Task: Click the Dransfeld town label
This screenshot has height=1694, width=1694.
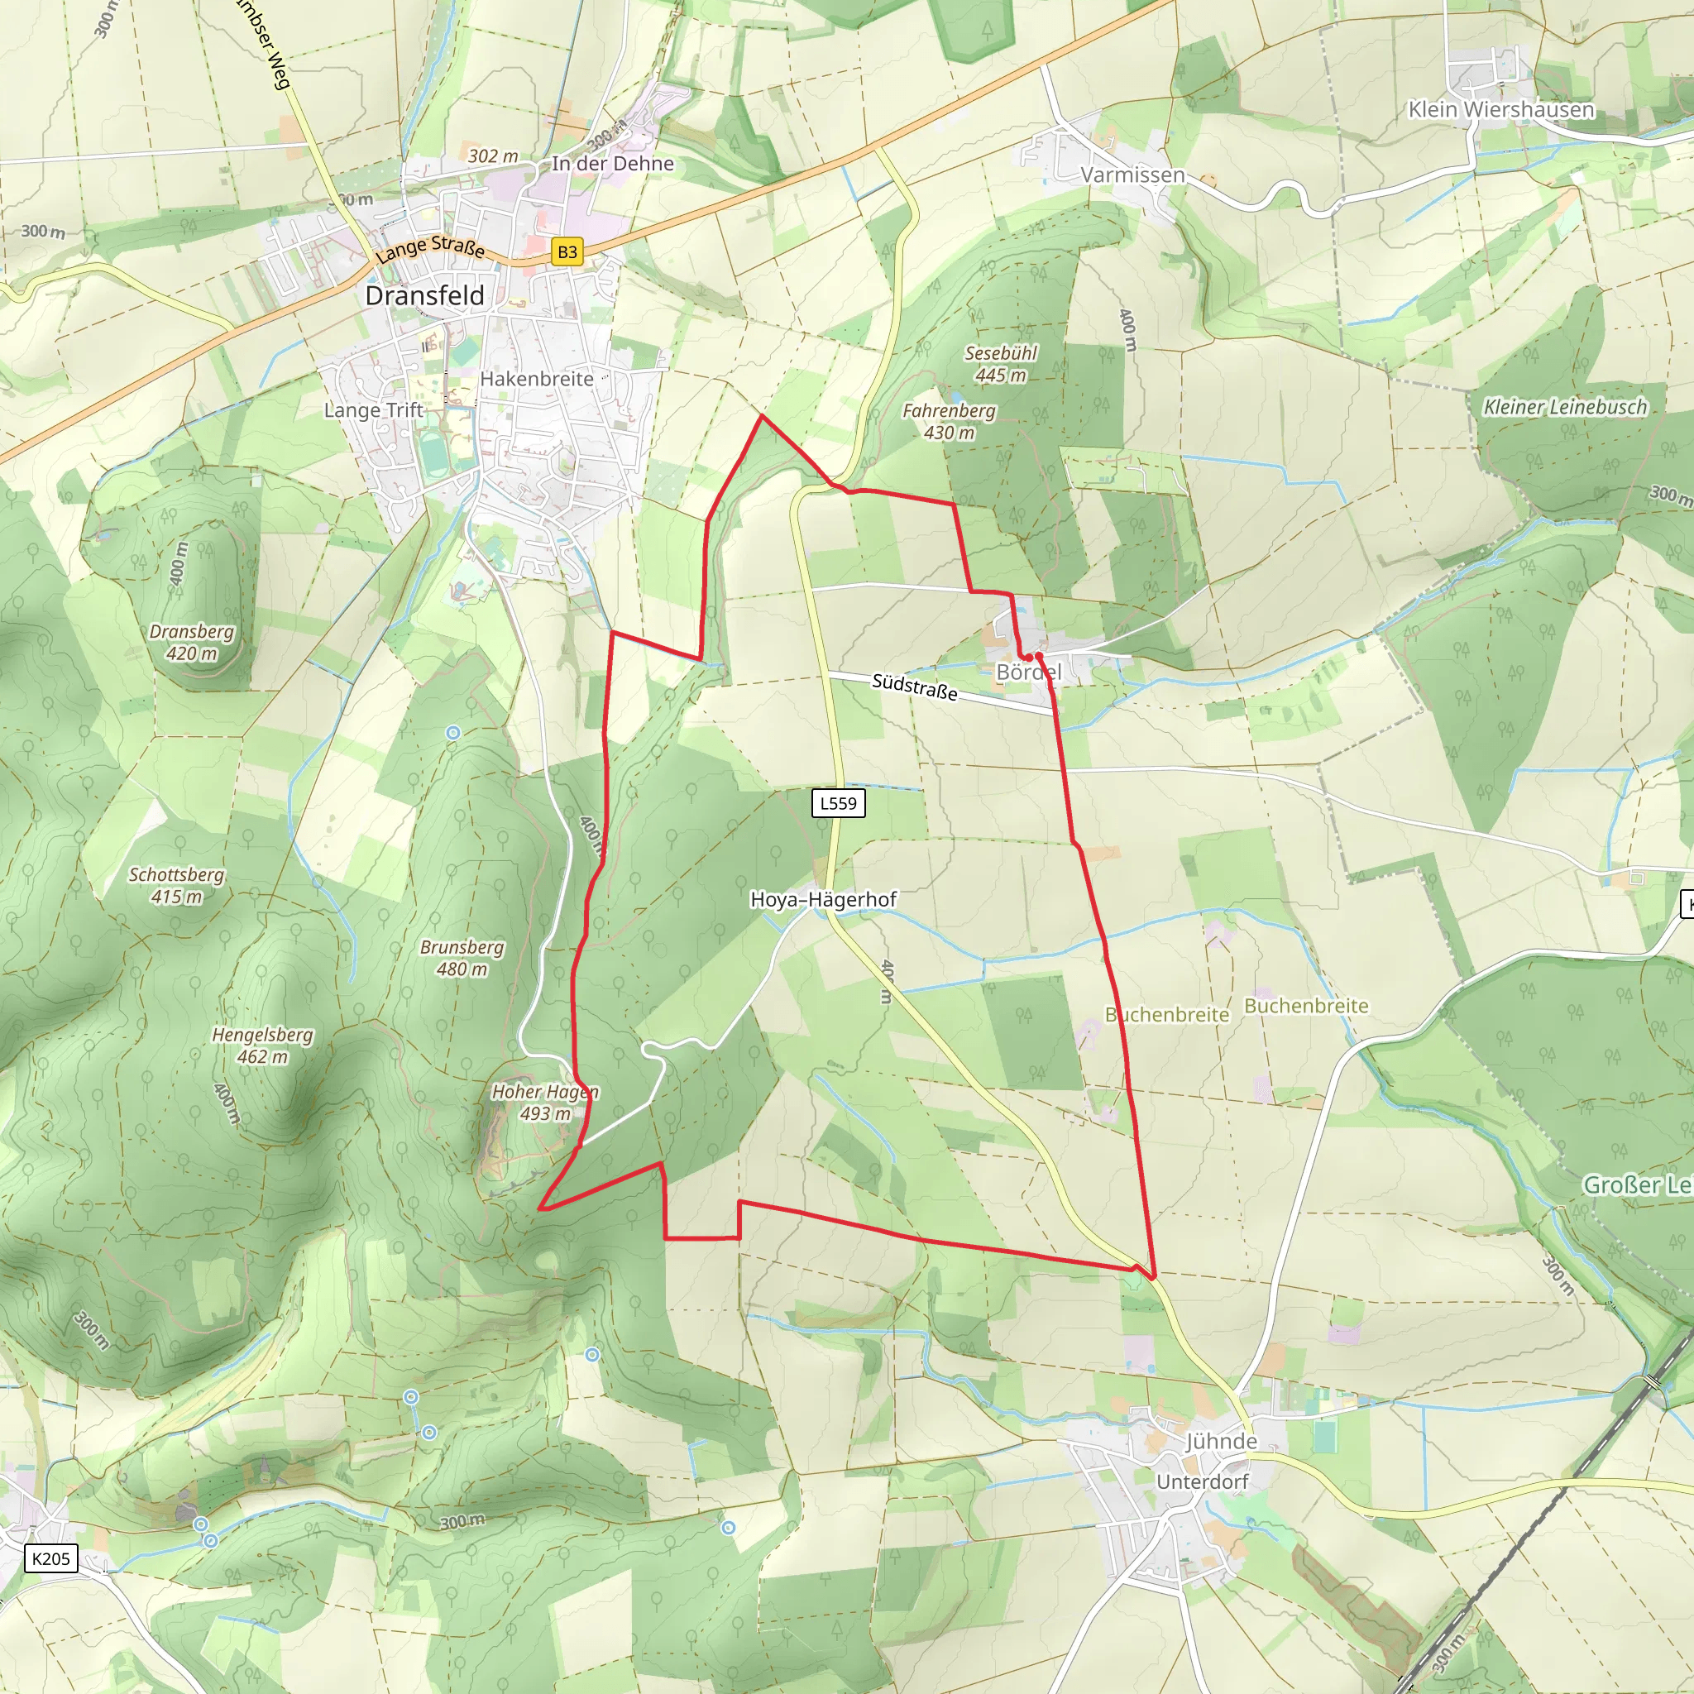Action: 424,295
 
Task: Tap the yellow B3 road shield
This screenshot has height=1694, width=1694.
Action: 567,252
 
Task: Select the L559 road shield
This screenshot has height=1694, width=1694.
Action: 838,803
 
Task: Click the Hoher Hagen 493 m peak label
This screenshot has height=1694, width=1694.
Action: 544,1102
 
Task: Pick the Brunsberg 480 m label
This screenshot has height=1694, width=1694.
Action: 462,958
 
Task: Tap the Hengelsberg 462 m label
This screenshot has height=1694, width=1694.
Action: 262,1046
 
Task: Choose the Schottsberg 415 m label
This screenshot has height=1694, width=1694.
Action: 176,885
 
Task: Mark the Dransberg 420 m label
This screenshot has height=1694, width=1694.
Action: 192,642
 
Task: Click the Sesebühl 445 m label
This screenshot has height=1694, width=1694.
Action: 1001,364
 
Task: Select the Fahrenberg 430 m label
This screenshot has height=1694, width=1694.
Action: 949,421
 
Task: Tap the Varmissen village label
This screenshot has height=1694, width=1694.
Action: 1132,175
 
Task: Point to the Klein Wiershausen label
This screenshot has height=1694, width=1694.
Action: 1501,110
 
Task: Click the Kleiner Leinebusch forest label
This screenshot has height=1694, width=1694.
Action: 1565,407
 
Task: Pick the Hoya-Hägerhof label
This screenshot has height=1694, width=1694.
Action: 823,899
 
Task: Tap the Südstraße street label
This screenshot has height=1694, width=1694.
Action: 915,687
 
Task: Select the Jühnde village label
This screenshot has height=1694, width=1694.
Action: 1222,1441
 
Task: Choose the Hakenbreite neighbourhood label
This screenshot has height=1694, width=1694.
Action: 537,379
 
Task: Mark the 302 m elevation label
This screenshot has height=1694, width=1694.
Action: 493,156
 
